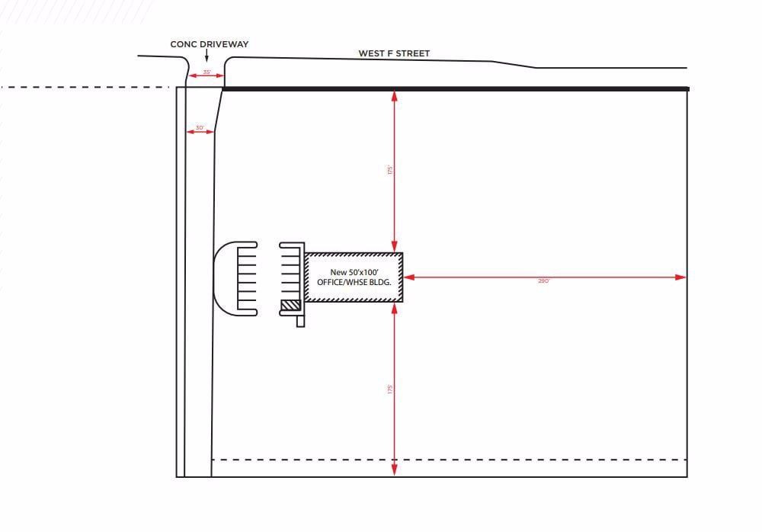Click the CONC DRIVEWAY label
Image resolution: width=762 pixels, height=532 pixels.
[x=209, y=45]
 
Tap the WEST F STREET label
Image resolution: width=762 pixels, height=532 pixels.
[x=394, y=54]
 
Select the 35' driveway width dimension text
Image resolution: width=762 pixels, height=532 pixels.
[x=207, y=72]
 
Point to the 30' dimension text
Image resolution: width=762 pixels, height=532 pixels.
[x=200, y=127]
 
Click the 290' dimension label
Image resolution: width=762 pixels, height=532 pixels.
[x=543, y=281]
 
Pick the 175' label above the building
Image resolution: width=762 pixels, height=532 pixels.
[x=389, y=170]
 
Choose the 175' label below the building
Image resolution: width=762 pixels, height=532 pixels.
[x=389, y=389]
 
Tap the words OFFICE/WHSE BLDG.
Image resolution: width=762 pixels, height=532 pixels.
[x=354, y=282]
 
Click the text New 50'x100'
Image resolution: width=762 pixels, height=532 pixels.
[x=353, y=272]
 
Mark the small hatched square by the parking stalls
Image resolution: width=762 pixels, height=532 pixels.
[x=290, y=305]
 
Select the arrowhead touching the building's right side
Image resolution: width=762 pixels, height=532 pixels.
[x=408, y=277]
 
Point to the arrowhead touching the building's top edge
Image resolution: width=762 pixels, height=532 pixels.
[x=394, y=247]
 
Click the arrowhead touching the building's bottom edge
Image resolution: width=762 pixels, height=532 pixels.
[x=394, y=308]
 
